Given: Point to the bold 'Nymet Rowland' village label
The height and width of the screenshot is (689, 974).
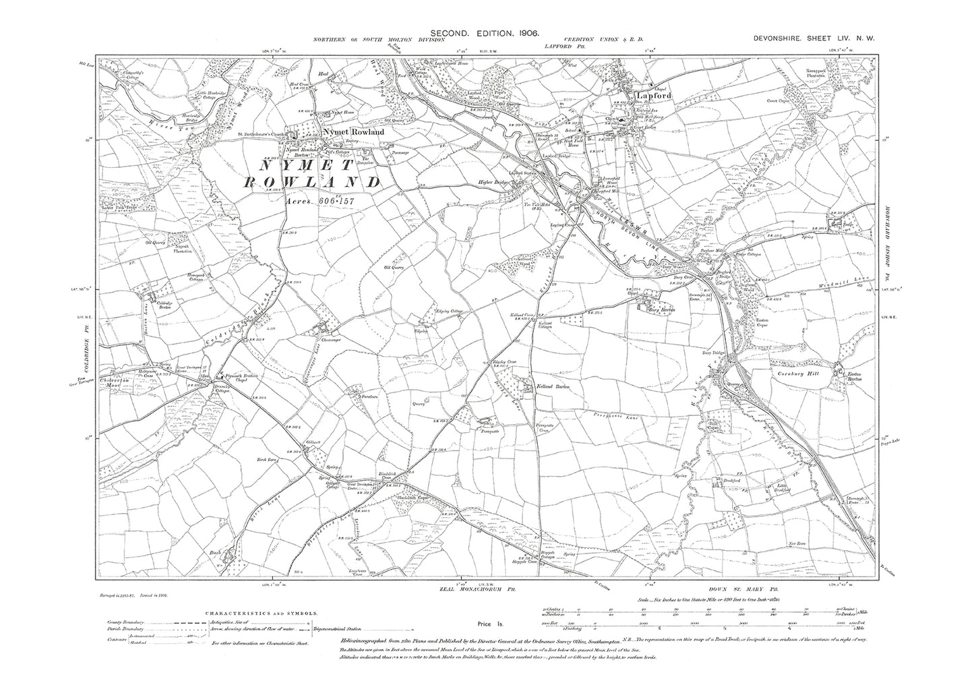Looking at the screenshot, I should [x=354, y=132].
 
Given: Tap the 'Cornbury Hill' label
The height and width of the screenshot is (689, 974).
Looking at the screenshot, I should [x=801, y=370].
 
